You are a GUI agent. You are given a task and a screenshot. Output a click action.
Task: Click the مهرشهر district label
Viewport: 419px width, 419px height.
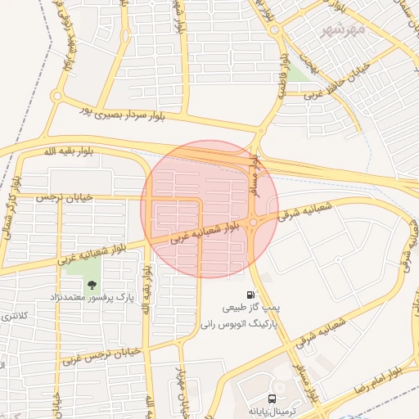(342, 32)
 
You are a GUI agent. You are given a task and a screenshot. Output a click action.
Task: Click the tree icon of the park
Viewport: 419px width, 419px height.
(90, 284)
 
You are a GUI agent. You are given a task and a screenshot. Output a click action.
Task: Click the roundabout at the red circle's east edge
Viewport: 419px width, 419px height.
(255, 222)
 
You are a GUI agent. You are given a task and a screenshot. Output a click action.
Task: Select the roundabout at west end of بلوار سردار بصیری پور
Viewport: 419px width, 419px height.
(56, 96)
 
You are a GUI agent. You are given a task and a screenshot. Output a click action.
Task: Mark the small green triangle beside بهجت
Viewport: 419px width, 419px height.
(296, 74)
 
